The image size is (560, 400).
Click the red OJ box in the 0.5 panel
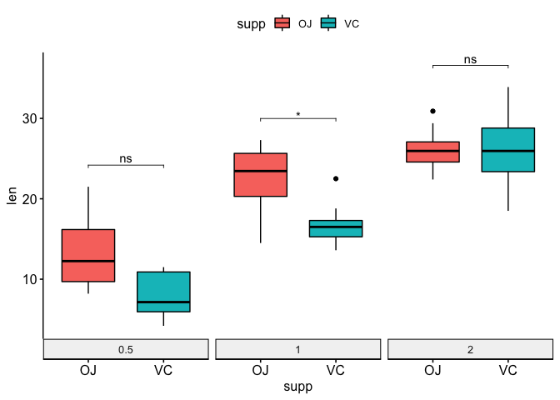[88, 255]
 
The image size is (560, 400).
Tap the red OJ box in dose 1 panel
[261, 175]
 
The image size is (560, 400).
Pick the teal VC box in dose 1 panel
[336, 228]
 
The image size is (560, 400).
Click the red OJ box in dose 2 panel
[432, 152]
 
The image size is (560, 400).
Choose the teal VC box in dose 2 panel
[507, 150]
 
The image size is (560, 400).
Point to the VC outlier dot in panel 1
[336, 178]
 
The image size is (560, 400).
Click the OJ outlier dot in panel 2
[432, 111]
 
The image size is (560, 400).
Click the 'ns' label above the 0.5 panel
[126, 159]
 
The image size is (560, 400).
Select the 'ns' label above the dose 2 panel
[470, 59]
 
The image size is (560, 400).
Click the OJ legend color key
[282, 23]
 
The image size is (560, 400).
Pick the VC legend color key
[329, 23]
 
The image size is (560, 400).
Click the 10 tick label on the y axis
[27, 279]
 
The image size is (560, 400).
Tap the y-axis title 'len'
[12, 197]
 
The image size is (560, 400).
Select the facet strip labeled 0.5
[126, 349]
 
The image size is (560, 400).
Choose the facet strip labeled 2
[470, 349]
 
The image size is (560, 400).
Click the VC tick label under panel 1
[336, 370]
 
